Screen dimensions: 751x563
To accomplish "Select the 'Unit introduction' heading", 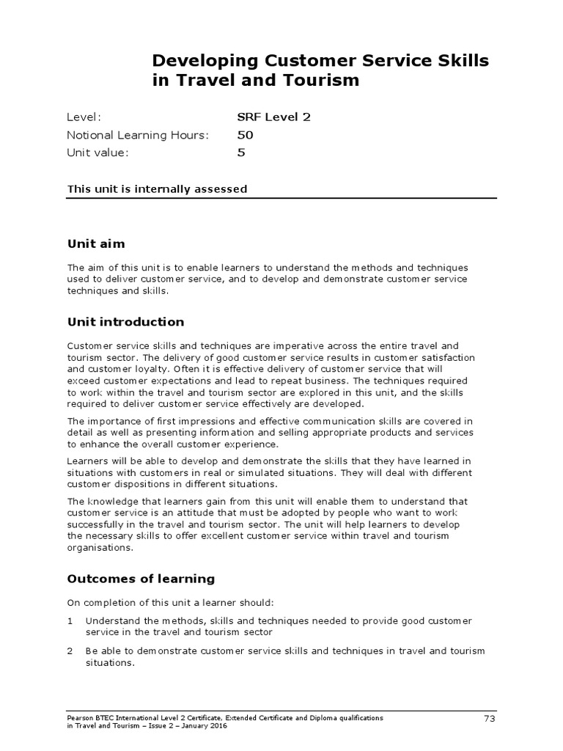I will pyautogui.click(x=125, y=322).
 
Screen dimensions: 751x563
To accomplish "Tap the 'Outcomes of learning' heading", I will pyautogui.click(x=141, y=579).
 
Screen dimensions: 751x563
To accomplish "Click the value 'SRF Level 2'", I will pyautogui.click(x=268, y=117).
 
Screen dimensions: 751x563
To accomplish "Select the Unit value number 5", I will pyautogui.click(x=241, y=153).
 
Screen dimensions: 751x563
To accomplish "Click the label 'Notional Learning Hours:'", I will pyautogui.click(x=138, y=135).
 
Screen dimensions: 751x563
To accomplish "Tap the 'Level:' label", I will pyautogui.click(x=84, y=117).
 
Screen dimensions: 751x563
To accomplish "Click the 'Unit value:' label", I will pyautogui.click(x=97, y=153).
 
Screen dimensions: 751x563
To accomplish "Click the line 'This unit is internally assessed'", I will pyautogui.click(x=157, y=189).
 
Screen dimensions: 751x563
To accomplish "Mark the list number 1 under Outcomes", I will pyautogui.click(x=70, y=620).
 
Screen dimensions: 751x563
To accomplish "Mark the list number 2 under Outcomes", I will pyautogui.click(x=70, y=651).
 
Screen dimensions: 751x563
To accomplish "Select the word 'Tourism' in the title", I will pyautogui.click(x=325, y=81).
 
